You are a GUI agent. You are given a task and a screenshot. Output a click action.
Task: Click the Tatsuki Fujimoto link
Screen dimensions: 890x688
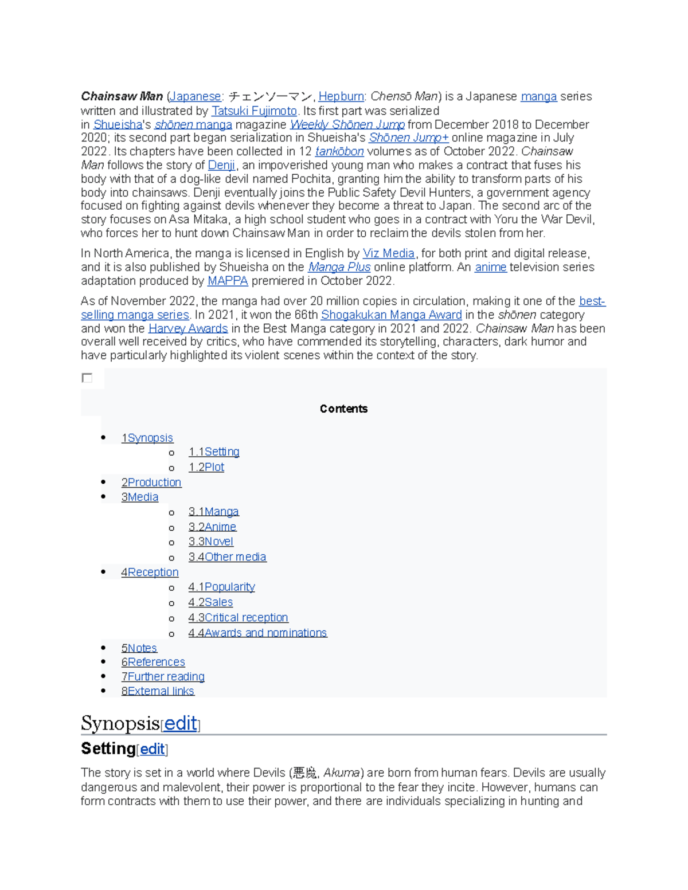(254, 111)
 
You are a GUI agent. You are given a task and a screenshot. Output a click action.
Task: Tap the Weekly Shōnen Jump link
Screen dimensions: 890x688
(347, 124)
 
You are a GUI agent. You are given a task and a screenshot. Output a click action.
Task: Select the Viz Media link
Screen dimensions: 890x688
(388, 253)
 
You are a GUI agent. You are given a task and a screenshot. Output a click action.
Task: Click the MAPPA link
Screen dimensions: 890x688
(228, 281)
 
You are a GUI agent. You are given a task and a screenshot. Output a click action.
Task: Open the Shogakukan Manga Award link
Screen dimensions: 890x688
(391, 315)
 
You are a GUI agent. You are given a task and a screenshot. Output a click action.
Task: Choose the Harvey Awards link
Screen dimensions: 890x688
(188, 328)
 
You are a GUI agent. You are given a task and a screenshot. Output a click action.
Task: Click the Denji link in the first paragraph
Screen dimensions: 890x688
(221, 165)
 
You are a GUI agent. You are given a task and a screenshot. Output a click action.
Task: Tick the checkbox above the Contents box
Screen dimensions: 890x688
(87, 378)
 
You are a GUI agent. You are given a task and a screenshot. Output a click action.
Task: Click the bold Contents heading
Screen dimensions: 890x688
(343, 409)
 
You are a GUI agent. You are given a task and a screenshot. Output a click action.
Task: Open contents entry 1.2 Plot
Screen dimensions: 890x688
(206, 467)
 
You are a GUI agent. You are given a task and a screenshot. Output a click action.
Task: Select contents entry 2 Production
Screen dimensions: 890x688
(151, 483)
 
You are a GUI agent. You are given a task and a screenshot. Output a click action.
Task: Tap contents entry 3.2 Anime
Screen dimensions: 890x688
(212, 527)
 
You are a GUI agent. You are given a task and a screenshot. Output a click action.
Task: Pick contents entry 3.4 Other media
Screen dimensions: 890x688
(227, 557)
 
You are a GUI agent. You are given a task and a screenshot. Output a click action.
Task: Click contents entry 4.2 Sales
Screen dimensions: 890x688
(210, 602)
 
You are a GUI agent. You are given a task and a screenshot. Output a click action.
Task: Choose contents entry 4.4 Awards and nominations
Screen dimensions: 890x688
(257, 633)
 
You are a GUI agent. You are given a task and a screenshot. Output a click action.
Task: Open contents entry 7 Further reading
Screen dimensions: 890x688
(163, 677)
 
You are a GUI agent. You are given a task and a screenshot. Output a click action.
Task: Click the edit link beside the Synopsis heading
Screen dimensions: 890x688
(181, 724)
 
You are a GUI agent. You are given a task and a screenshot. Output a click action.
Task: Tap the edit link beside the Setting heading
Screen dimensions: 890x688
(153, 749)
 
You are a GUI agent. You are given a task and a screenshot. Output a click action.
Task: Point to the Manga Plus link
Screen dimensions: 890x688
(339, 267)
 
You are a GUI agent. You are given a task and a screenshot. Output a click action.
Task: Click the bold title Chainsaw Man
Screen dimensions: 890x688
(122, 96)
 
